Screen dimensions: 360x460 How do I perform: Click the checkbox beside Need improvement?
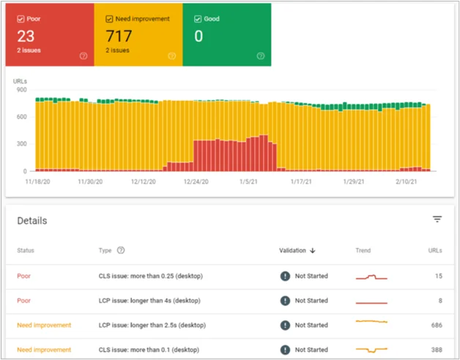tap(108, 18)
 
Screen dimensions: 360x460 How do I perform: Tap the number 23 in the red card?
tap(26, 36)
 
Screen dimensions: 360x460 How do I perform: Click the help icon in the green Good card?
tap(261, 56)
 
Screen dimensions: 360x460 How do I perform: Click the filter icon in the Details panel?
tap(437, 219)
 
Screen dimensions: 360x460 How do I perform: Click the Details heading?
tap(32, 220)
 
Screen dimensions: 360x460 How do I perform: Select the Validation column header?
tap(297, 250)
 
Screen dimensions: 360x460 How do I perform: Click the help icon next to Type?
tap(121, 250)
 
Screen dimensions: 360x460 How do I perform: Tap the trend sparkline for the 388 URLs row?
tap(371, 350)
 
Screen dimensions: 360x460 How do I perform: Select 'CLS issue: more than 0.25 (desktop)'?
tap(150, 277)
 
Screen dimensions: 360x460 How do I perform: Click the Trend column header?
tap(364, 250)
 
